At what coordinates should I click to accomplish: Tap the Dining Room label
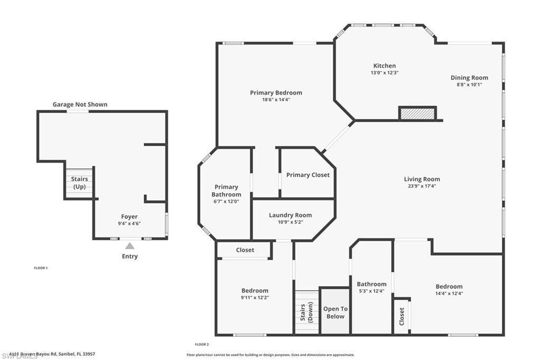click(x=469, y=78)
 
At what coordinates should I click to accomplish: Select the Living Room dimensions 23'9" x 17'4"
click(x=422, y=186)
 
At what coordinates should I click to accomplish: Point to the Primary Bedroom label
click(x=276, y=93)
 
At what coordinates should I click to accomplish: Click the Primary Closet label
click(x=307, y=175)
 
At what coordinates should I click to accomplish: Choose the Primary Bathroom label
click(x=226, y=191)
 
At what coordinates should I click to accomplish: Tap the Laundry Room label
click(x=290, y=215)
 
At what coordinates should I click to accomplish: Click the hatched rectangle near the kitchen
click(x=417, y=113)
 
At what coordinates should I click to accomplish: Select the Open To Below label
click(x=335, y=312)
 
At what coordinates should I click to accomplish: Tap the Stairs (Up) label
click(x=79, y=183)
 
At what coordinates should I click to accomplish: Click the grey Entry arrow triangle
click(x=129, y=245)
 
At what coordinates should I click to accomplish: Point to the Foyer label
click(x=129, y=216)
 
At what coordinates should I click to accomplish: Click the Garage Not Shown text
click(x=80, y=105)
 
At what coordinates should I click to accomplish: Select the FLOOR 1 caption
click(x=41, y=268)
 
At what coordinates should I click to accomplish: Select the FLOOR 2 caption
click(x=202, y=344)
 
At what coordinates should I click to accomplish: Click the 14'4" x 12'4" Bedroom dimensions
click(x=449, y=293)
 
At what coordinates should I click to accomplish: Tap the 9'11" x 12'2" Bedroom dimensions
click(x=255, y=298)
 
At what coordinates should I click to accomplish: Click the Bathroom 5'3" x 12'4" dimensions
click(x=371, y=291)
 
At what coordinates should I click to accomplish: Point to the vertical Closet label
click(x=402, y=316)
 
